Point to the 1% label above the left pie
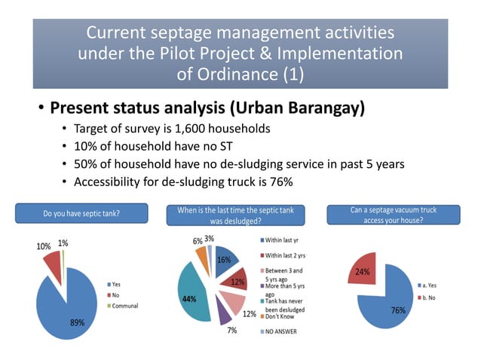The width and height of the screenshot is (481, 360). click(63, 243)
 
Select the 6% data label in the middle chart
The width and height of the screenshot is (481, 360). click(198, 239)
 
